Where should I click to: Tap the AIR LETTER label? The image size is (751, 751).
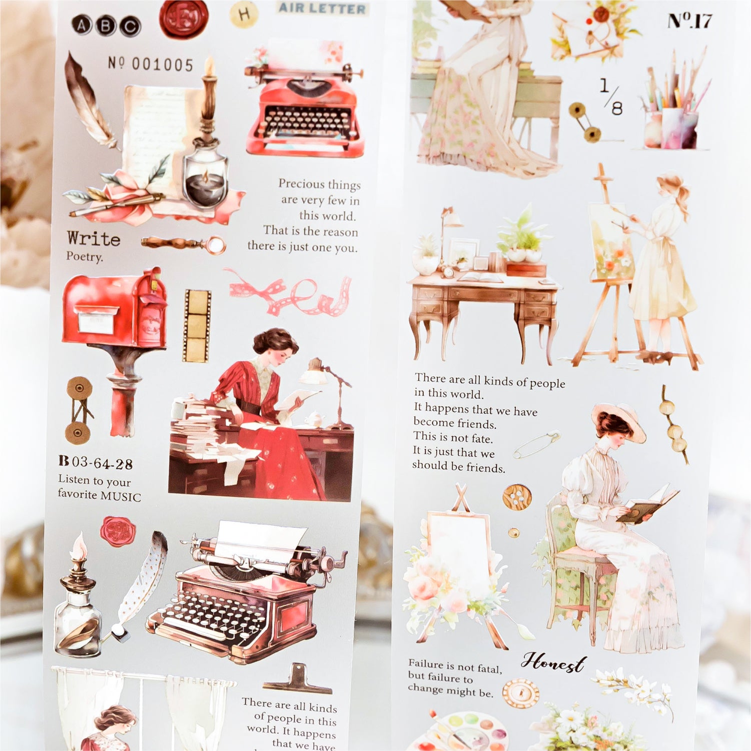click(322, 8)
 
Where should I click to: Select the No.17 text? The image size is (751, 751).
click(689, 21)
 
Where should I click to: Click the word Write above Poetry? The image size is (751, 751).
click(94, 238)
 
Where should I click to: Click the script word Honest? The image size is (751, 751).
click(553, 662)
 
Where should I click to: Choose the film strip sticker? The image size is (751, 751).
click(197, 325)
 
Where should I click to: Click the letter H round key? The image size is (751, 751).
click(244, 14)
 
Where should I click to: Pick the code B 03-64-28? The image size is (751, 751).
click(96, 462)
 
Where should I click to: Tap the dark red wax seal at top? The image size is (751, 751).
click(183, 18)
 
